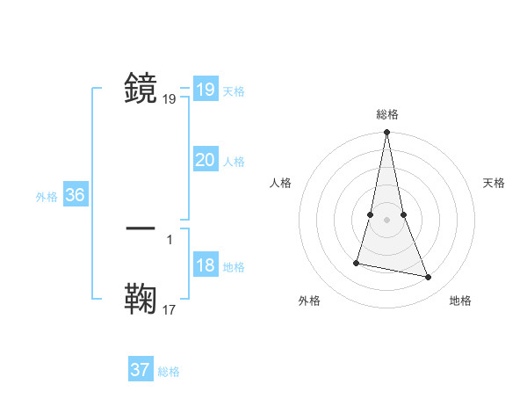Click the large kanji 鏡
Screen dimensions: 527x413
click(141, 88)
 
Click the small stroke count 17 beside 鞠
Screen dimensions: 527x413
click(170, 309)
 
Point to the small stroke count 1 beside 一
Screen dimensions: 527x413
click(170, 238)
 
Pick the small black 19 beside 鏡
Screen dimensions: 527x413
click(170, 99)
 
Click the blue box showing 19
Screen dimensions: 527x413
click(205, 90)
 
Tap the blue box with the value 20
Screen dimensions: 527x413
click(205, 160)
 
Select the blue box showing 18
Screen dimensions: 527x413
click(205, 266)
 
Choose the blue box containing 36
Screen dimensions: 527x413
click(75, 195)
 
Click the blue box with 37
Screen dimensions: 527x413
click(141, 370)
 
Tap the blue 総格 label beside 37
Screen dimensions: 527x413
click(169, 372)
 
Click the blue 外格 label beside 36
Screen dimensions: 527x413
click(47, 197)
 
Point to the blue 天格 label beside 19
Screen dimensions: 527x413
click(234, 91)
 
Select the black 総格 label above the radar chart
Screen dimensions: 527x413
click(387, 114)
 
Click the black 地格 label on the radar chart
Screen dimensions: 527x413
click(460, 301)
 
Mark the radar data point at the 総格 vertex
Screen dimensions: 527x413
click(387, 133)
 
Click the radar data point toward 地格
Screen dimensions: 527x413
click(429, 278)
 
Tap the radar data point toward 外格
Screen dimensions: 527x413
click(357, 262)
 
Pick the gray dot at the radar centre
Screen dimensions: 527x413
click(387, 220)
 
